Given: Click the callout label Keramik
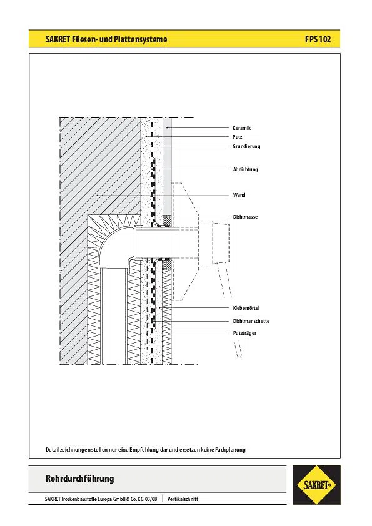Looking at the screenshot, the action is pos(241,128).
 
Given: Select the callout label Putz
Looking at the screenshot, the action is pos(237,137).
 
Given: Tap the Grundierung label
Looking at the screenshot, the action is pos(246,146).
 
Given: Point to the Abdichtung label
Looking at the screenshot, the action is pos(246,169).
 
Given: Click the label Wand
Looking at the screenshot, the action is pos(239,195).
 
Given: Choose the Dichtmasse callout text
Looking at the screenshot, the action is pos(246,217).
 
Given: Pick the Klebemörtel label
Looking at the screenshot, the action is pos(246,308).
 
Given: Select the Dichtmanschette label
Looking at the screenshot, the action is pos(251,321).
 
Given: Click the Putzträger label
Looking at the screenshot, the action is pos(244,333).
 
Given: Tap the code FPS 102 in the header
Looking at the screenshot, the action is pos(318,39).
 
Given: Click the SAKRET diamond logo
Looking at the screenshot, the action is pos(316,485).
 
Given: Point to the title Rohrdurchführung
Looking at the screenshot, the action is pos(80,478).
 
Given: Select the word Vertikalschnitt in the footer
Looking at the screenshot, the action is pos(183,499).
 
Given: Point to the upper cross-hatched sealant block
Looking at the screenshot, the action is pos(167,221).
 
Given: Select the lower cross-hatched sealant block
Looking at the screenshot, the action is pos(167,265).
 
